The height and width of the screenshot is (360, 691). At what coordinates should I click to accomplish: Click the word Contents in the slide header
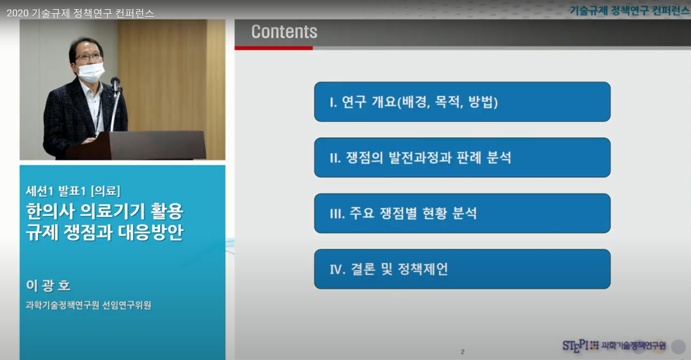(284, 32)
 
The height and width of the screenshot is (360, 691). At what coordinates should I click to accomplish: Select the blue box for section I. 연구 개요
(462, 102)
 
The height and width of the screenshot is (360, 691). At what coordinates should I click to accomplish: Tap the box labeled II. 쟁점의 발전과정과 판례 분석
(462, 158)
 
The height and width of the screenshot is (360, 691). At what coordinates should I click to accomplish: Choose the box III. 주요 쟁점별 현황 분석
(462, 213)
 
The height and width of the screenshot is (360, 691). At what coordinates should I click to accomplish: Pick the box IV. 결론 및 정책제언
(462, 269)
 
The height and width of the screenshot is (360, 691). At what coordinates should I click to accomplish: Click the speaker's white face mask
(91, 72)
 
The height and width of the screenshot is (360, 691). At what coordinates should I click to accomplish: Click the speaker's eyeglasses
(88, 57)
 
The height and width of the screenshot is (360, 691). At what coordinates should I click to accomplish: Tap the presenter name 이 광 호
(48, 286)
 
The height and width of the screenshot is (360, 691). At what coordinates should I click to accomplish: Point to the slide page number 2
(462, 352)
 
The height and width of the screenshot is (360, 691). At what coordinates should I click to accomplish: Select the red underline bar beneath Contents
(274, 48)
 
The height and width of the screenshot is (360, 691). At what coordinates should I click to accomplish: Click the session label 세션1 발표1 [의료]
(73, 191)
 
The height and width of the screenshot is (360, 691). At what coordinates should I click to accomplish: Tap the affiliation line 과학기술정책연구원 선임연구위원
(88, 305)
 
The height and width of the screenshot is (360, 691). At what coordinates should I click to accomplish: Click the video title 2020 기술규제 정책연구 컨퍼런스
(80, 13)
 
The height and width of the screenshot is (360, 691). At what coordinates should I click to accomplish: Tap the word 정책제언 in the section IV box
(423, 269)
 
